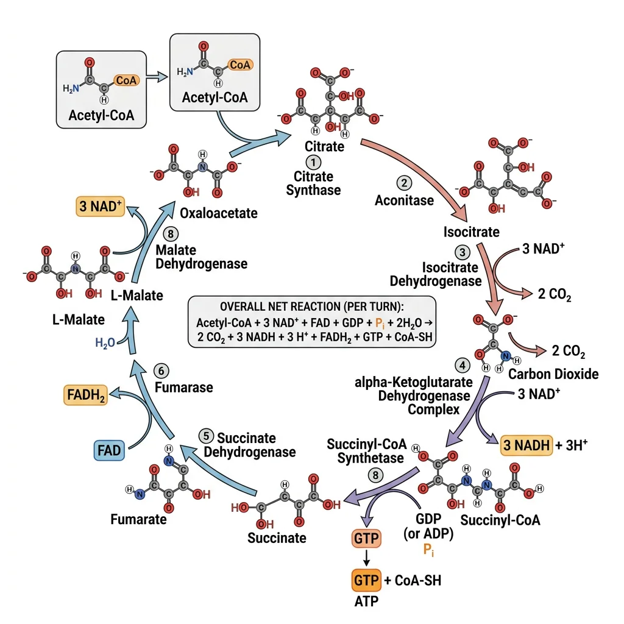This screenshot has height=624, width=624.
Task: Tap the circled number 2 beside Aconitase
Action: [403, 182]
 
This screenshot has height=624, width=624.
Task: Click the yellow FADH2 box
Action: [85, 396]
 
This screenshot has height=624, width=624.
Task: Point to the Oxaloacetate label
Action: [219, 214]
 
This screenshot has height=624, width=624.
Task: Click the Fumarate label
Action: [138, 520]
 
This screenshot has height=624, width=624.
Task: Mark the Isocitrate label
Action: [472, 232]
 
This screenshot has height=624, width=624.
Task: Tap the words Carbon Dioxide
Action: [553, 374]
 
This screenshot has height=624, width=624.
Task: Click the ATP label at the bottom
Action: [366, 603]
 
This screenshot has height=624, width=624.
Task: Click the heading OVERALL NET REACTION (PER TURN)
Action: [311, 306]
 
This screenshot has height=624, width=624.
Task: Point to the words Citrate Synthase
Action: [313, 183]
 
